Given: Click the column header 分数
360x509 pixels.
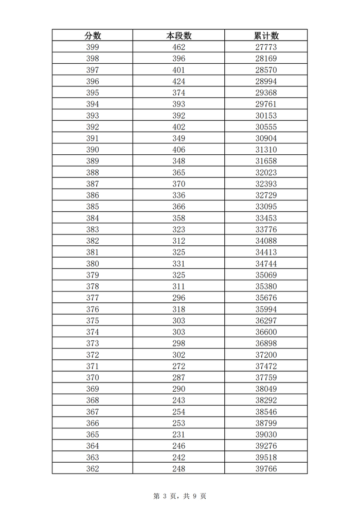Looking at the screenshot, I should [x=93, y=35].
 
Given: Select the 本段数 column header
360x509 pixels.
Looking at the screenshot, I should [x=179, y=35].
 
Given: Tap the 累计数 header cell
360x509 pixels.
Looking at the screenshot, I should [x=266, y=35].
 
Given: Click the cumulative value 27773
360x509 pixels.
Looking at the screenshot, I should [x=266, y=47].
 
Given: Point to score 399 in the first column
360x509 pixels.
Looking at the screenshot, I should [x=93, y=47].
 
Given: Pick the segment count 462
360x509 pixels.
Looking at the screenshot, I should [x=179, y=47].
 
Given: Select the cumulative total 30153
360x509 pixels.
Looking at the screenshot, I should [x=266, y=116].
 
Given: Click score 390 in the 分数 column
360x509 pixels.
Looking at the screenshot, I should [x=93, y=150].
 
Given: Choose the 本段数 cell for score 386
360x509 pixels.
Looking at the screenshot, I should [x=179, y=195].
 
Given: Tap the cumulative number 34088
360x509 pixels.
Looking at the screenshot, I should [x=266, y=241].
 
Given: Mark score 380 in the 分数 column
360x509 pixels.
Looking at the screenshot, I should [x=93, y=264].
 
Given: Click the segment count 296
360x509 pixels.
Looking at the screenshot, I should [x=179, y=298].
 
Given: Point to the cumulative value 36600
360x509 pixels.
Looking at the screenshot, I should [x=266, y=332].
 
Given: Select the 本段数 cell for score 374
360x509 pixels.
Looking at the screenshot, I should [x=179, y=332].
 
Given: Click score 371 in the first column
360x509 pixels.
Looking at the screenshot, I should [x=93, y=366].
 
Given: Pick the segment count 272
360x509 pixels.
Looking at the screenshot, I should [x=179, y=366].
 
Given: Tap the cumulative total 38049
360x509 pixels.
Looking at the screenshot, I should [x=266, y=389].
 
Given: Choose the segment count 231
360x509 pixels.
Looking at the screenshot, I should [x=179, y=434].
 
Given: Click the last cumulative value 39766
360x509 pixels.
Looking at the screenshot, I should [x=266, y=468].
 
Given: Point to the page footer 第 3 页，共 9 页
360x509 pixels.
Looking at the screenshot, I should [x=180, y=496].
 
